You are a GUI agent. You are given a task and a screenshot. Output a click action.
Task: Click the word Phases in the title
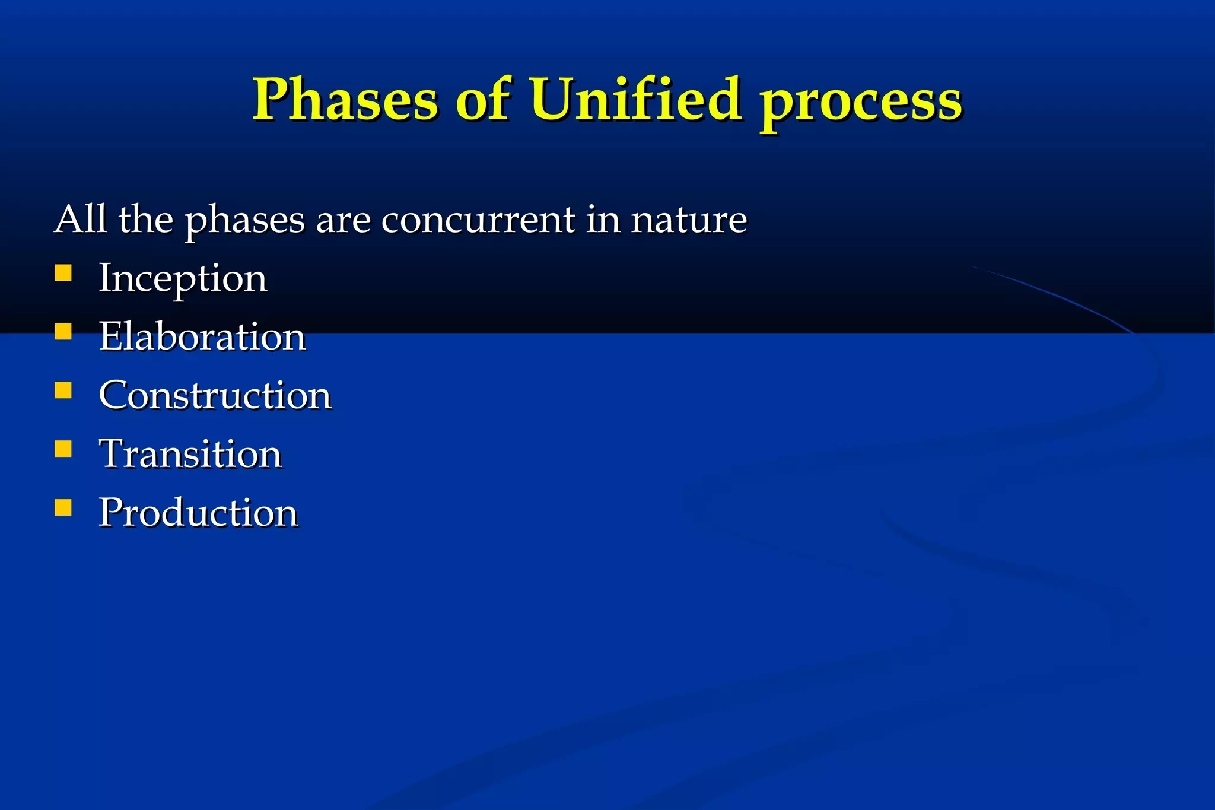346,99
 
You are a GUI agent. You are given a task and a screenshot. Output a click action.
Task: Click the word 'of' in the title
482,99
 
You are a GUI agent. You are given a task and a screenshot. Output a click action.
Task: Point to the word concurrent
478,220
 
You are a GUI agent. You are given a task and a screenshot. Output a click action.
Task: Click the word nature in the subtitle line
689,220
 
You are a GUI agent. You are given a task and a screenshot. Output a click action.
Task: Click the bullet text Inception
183,279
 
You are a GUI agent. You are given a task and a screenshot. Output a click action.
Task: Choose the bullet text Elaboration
202,336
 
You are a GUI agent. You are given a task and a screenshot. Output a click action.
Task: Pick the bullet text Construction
215,395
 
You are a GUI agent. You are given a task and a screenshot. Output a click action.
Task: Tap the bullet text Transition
190,454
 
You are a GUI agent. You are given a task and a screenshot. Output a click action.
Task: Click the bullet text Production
198,513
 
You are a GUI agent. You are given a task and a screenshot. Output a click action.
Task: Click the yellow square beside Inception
63,273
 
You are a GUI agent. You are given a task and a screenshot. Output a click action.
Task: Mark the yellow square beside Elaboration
63,331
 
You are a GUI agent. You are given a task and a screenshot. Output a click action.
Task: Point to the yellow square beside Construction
63,390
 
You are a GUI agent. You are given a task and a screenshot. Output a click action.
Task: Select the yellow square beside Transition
63,449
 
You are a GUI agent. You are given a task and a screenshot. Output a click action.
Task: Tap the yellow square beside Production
63,507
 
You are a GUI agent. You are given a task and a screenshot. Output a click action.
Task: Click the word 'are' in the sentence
343,221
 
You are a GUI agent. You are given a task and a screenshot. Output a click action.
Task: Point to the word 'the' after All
145,219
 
